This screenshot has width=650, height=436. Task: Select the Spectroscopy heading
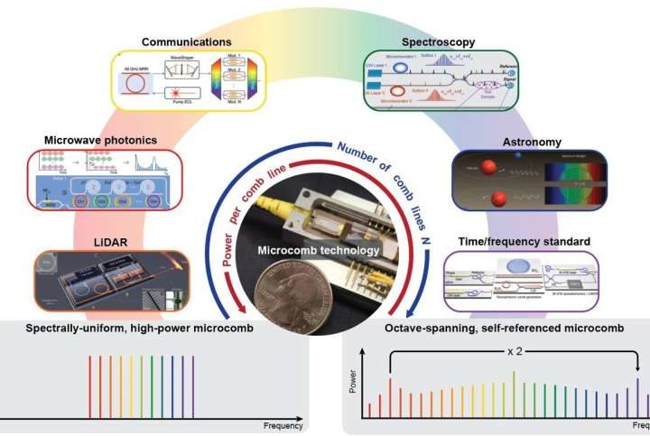(439, 42)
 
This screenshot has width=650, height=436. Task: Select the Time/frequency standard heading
(523, 242)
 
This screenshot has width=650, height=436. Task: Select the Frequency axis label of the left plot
(283, 425)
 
